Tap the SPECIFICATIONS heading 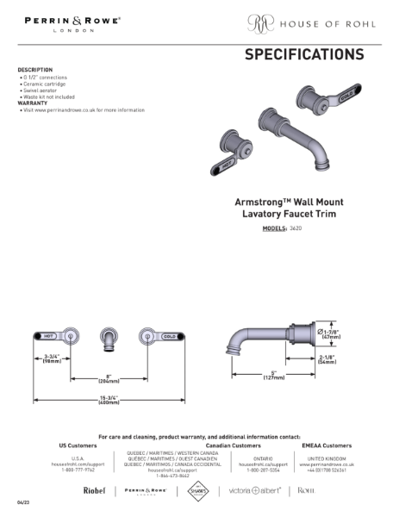tap(304, 54)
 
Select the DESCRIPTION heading tap(35, 70)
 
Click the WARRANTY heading tap(33, 104)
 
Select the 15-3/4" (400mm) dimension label tap(109, 400)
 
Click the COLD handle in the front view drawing tap(169, 334)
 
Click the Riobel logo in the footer tap(94, 490)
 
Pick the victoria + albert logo tap(258, 490)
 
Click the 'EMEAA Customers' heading tap(331, 445)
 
